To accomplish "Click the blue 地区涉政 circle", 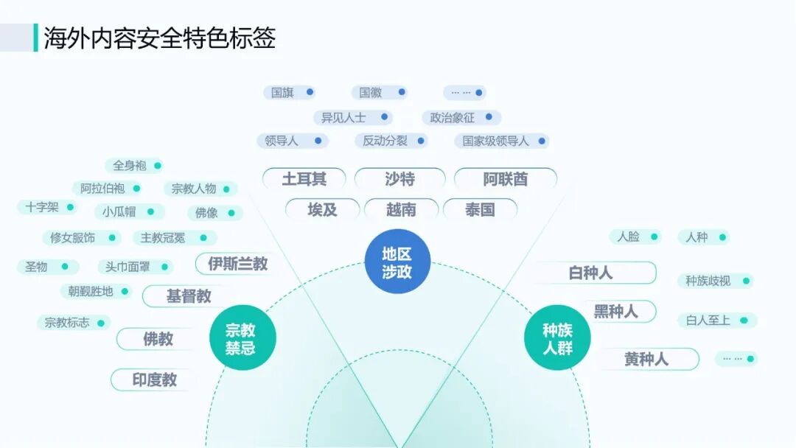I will [398, 262].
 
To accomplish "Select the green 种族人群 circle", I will [557, 339].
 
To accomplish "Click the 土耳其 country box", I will [304, 179].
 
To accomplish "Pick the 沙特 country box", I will [399, 179].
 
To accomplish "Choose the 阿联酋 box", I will [506, 179].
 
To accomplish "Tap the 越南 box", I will [401, 209].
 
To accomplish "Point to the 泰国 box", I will [480, 209].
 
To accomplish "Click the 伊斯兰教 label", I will [237, 263].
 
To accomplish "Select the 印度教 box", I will [154, 379].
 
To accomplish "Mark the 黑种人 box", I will [615, 311].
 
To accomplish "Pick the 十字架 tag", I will [46, 207].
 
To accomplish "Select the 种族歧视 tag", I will [713, 281].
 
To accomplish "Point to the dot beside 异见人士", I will [381, 117].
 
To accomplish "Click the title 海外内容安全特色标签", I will [159, 38].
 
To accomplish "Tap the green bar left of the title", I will [35, 38].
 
